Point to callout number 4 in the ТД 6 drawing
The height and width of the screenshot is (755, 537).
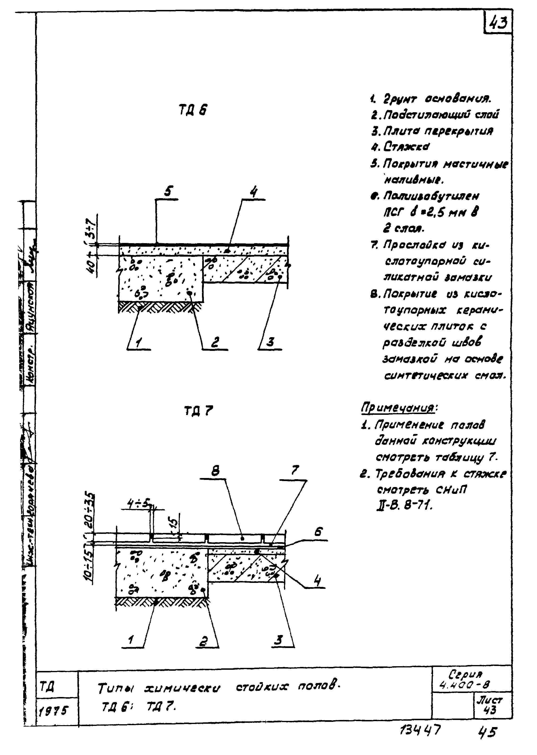click(254, 192)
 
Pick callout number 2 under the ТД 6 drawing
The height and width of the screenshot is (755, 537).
click(215, 342)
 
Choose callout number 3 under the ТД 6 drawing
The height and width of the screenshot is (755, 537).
click(270, 342)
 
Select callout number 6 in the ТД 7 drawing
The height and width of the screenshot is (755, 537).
click(318, 532)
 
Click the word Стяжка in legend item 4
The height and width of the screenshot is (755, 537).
click(407, 147)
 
